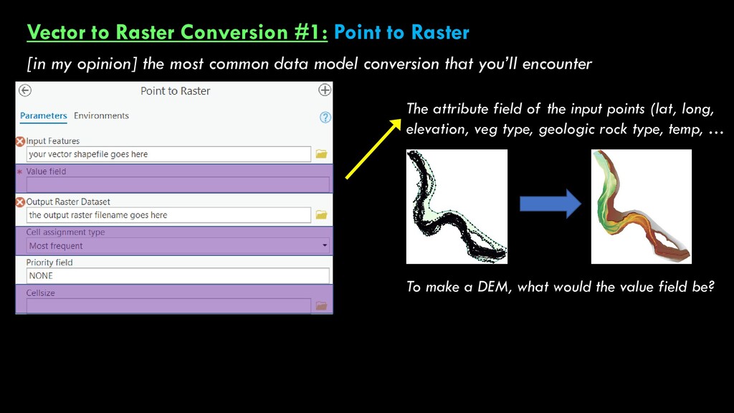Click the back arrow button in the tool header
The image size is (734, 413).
(x=25, y=90)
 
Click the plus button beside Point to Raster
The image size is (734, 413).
(x=325, y=90)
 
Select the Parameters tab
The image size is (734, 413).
(x=44, y=115)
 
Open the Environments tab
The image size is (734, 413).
(x=101, y=115)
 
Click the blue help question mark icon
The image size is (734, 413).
(x=325, y=117)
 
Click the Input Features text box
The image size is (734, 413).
(x=168, y=154)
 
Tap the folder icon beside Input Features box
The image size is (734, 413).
(x=321, y=154)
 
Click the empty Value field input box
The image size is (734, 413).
(x=178, y=184)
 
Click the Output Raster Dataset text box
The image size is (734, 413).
(x=168, y=215)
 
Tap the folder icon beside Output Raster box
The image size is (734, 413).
(x=321, y=215)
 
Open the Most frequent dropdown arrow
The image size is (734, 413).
(x=325, y=245)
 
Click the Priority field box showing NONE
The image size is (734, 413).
(x=178, y=276)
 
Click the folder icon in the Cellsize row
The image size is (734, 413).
(x=321, y=305)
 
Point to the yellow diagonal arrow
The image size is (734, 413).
(x=373, y=149)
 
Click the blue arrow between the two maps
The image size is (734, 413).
(x=550, y=204)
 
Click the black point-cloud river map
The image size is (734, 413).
(x=457, y=206)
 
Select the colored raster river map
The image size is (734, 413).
(x=642, y=206)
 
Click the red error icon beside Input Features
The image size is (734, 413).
(x=20, y=141)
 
